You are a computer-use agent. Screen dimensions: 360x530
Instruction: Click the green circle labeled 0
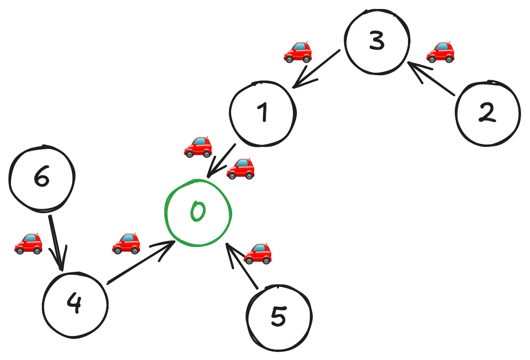198,213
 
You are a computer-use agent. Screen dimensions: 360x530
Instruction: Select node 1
263,114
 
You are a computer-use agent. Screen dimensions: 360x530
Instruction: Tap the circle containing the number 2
487,113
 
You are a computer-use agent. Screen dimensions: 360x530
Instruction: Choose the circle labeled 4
75,304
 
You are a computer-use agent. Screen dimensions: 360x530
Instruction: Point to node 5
279,317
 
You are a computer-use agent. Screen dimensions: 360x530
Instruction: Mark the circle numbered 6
42,178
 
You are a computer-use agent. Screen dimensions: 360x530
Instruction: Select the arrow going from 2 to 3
431,78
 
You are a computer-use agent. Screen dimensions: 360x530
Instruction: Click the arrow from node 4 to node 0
141,262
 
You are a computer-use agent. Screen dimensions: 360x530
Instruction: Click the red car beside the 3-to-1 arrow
298,52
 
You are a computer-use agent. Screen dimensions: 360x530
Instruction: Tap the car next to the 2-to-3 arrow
441,51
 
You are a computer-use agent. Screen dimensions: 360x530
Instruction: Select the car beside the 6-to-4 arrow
28,243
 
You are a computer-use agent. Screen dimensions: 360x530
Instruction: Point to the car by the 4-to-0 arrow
126,243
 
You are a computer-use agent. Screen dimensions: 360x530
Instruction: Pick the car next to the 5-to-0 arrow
258,253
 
